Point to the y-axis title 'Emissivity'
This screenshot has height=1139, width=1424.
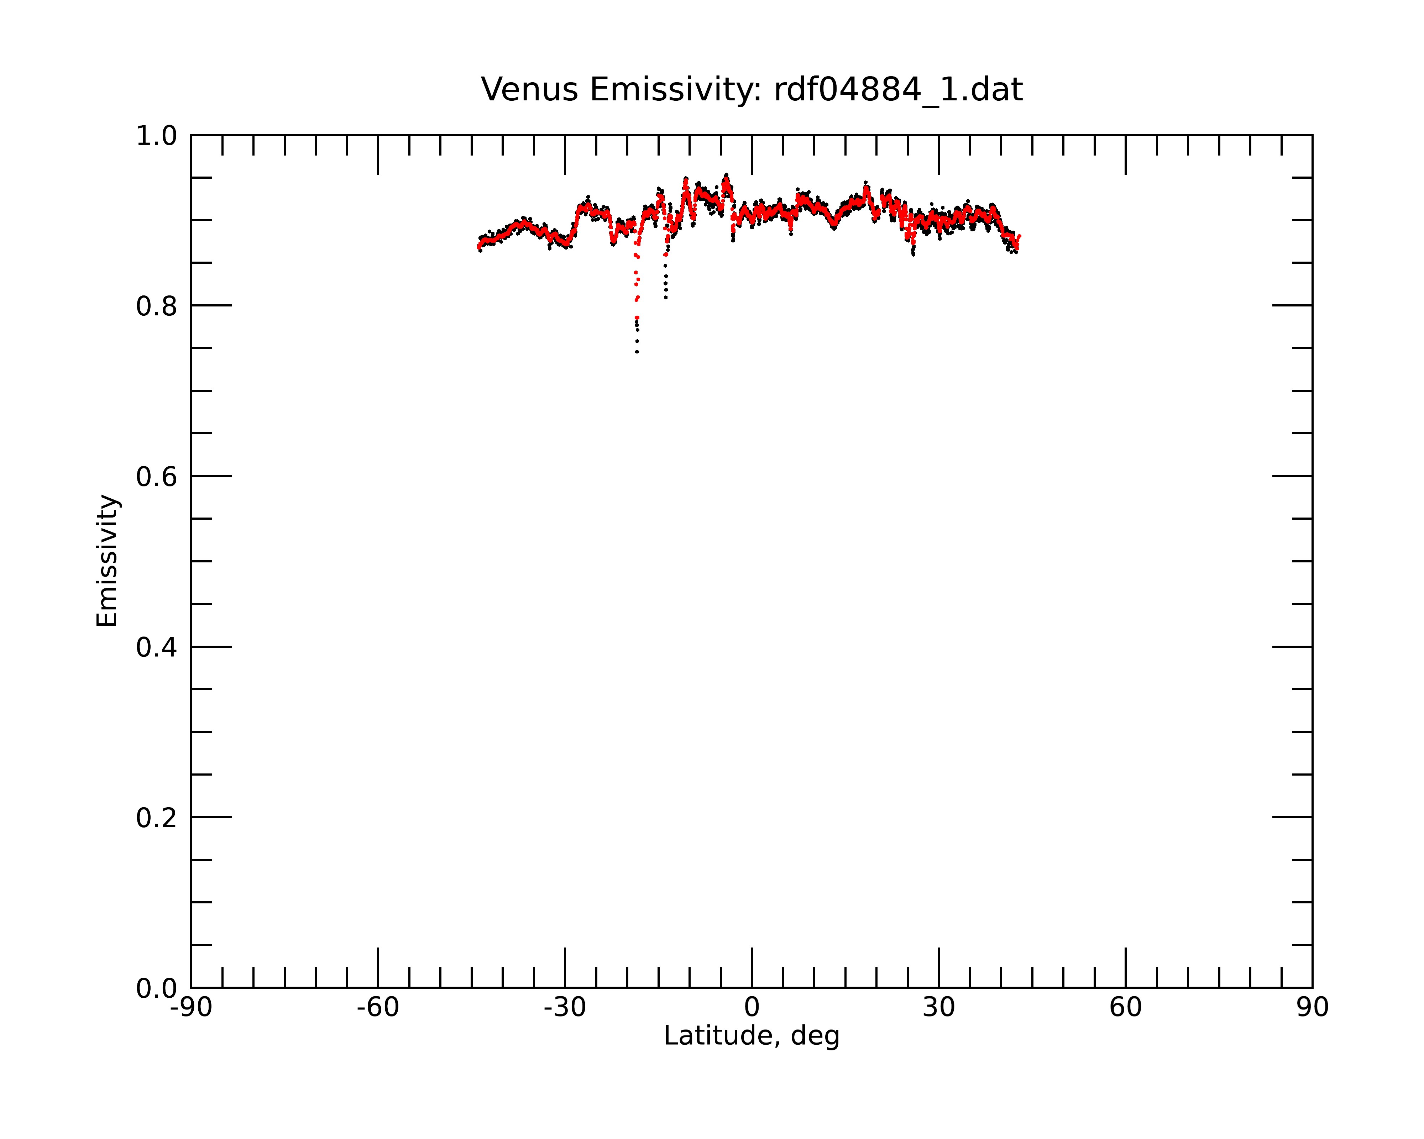(x=107, y=561)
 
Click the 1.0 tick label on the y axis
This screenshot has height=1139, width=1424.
(x=157, y=136)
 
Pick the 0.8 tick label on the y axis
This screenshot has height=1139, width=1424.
(x=157, y=306)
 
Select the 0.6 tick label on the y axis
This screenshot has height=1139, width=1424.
(x=157, y=477)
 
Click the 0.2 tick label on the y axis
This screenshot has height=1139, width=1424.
(x=157, y=818)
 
